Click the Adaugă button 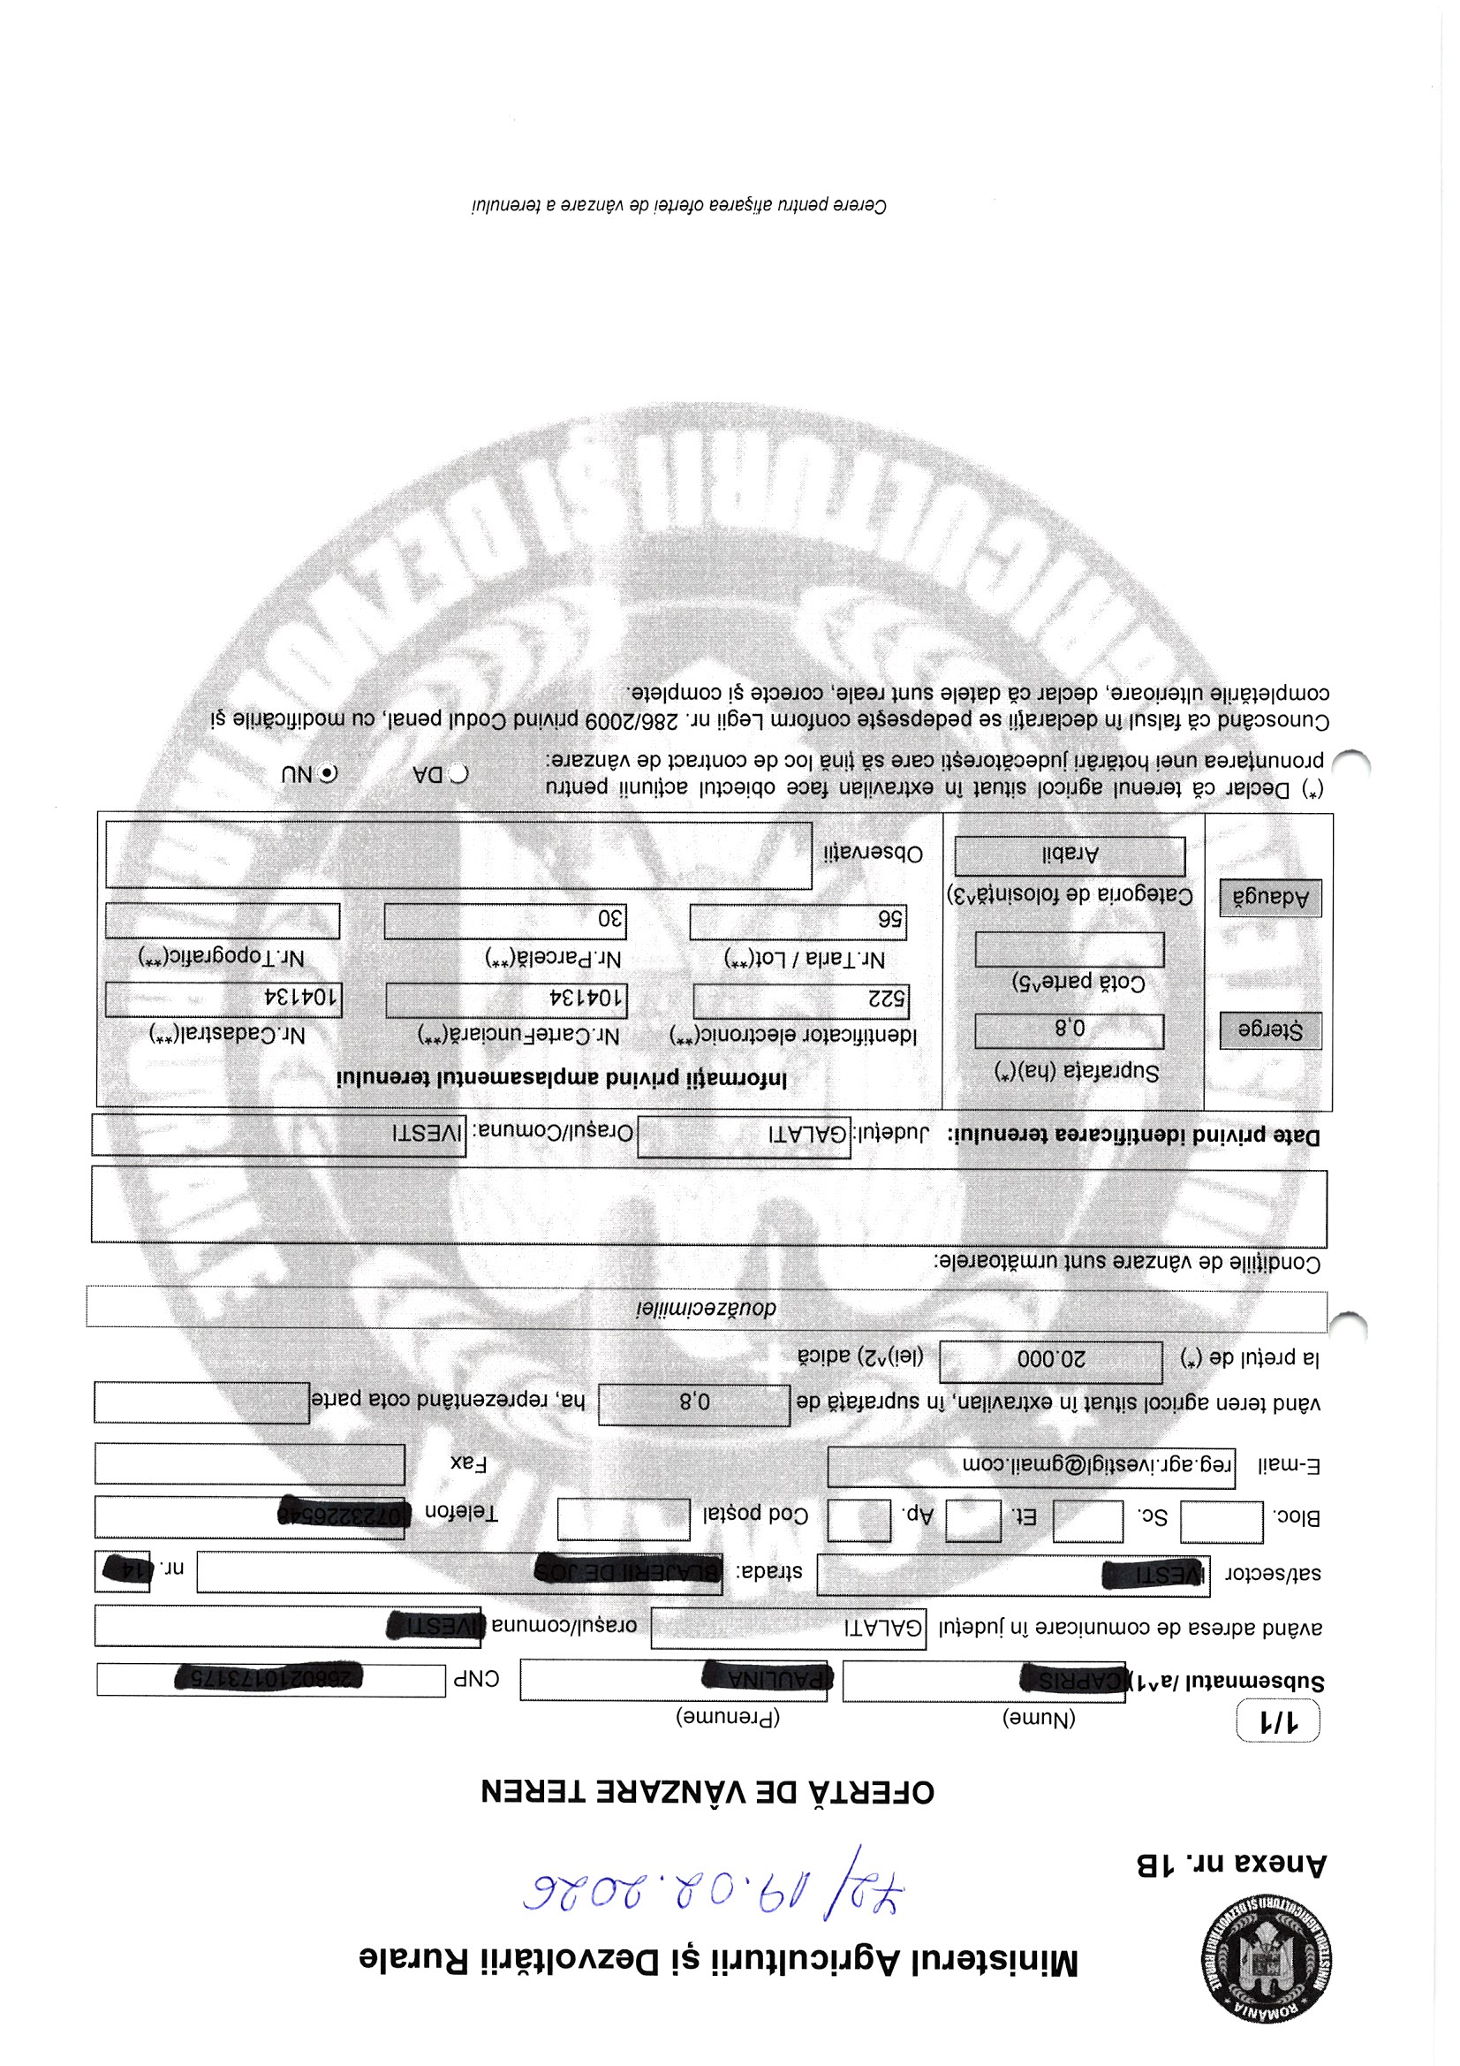point(1270,897)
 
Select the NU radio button point(329,773)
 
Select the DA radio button point(458,774)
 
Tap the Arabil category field point(1070,855)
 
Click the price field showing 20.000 point(1051,1362)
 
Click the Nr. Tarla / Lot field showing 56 point(798,922)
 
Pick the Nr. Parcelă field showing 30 point(504,921)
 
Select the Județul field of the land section point(744,1135)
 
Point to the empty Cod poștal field point(624,1519)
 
